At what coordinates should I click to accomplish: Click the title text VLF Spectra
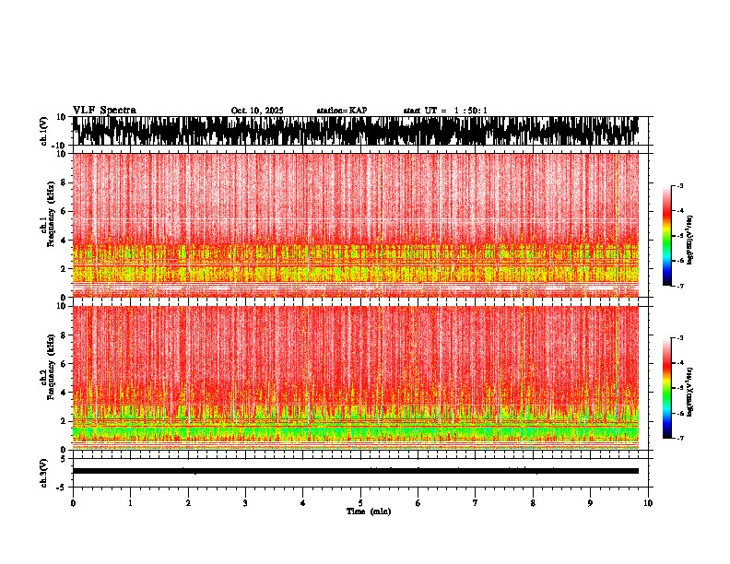[x=104, y=111]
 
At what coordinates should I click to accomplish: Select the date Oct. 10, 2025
[x=257, y=111]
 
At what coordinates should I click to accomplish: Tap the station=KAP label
[x=342, y=111]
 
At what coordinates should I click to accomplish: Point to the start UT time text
[x=445, y=111]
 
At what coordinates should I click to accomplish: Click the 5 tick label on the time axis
[x=360, y=503]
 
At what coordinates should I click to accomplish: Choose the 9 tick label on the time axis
[x=591, y=503]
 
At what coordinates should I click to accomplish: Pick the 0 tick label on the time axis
[x=73, y=503]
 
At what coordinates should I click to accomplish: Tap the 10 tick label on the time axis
[x=649, y=503]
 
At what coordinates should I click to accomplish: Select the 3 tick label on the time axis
[x=245, y=503]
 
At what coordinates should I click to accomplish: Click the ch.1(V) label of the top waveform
[x=44, y=131]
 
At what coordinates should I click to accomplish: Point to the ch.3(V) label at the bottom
[x=44, y=470]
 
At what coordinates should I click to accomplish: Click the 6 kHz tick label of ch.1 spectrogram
[x=63, y=211]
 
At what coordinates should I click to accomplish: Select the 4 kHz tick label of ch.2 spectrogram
[x=63, y=392]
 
